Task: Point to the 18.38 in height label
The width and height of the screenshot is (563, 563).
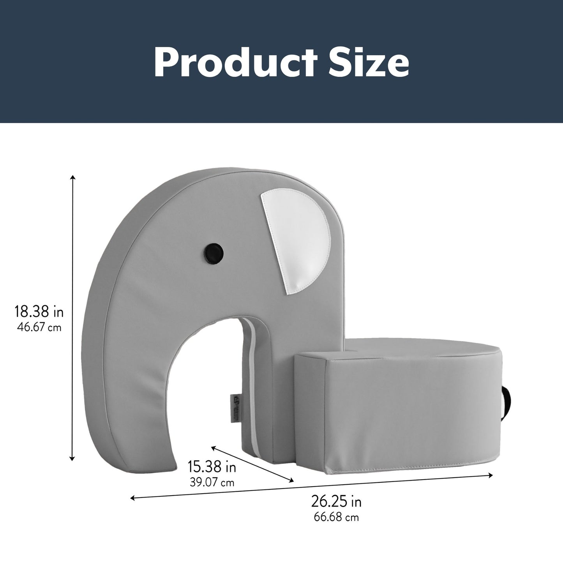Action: click(x=39, y=312)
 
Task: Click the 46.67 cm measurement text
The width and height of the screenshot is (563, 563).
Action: click(x=39, y=327)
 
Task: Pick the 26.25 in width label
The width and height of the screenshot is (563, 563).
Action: click(x=336, y=501)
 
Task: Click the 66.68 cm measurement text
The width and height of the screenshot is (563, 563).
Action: click(x=336, y=517)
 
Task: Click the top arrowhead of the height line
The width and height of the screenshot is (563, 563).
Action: click(x=72, y=178)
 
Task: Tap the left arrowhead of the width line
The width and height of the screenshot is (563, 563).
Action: click(x=133, y=498)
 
